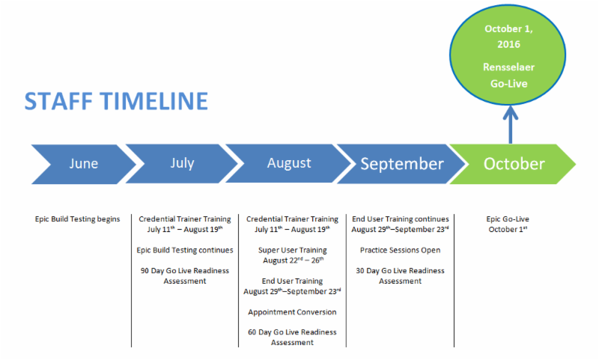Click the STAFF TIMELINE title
116,101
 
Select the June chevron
83,164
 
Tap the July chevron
182,164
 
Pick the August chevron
288,163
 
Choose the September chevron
401,164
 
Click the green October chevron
513,164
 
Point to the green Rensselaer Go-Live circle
508,55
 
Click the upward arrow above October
511,124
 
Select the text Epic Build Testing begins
78,219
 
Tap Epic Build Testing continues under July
185,250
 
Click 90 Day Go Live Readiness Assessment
185,275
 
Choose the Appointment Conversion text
292,312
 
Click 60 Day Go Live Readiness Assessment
292,337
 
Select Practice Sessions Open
401,250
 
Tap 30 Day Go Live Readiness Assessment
401,275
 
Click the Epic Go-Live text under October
508,219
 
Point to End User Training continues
401,219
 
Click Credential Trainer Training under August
292,219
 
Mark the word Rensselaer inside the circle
508,67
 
